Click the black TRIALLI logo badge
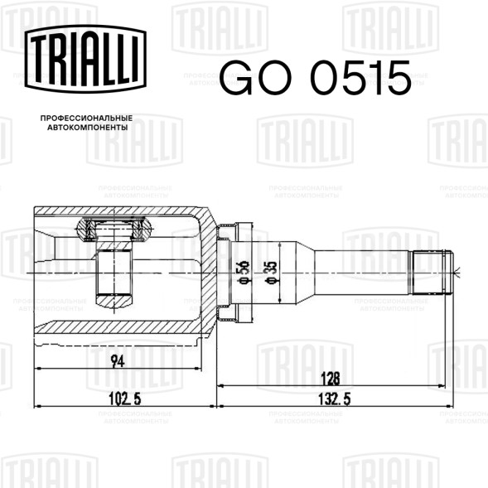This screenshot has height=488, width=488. tap(85, 59)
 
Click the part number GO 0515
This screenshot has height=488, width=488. tap(315, 78)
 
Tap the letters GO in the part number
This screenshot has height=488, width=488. tap(255, 78)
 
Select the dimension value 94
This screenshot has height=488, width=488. tap(118, 361)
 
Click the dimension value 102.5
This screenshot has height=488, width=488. tap(125, 399)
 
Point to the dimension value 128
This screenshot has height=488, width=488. tap(331, 379)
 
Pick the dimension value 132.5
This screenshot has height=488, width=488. tap(335, 399)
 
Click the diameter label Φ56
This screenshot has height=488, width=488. tap(245, 273)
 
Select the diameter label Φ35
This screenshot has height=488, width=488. tap(271, 273)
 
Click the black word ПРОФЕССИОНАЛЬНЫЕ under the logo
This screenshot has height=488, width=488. tap(86, 118)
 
